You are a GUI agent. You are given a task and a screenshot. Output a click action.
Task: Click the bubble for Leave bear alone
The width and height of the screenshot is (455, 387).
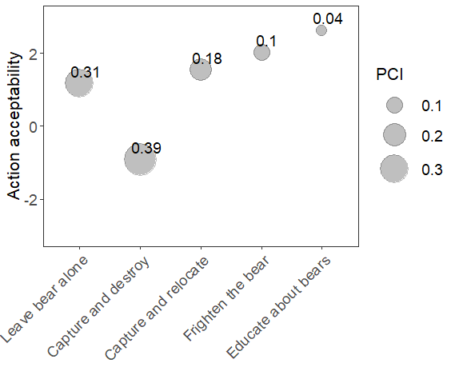[x=79, y=83]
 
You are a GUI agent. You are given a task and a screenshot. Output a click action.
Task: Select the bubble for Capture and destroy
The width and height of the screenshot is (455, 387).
[x=140, y=159]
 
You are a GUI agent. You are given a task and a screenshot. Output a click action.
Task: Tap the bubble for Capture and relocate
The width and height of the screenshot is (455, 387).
[x=201, y=70]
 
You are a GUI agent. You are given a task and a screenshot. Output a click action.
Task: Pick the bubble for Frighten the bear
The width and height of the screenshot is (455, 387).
[x=261, y=53]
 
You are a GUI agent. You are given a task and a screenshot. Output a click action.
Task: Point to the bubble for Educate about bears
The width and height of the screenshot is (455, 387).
[x=321, y=30]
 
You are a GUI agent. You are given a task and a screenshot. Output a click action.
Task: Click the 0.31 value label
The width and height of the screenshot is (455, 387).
[x=86, y=72]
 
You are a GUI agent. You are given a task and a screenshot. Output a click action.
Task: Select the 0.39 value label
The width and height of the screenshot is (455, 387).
[x=146, y=148]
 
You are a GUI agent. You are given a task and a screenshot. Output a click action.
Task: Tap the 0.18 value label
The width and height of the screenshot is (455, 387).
[x=207, y=58]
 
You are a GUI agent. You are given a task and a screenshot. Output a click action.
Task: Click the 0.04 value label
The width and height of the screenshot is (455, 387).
[x=328, y=19]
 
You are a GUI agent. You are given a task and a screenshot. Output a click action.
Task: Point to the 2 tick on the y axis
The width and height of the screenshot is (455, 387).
[x=33, y=54]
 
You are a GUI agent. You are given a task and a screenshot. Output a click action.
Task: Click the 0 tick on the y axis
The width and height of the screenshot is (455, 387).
[x=33, y=127]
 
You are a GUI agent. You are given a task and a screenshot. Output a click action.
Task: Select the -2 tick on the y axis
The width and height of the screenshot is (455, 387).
[x=30, y=200]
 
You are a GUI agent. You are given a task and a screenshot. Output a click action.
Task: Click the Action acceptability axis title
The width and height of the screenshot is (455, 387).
[x=14, y=126]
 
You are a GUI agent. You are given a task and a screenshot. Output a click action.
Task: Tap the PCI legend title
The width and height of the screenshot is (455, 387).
[x=389, y=74]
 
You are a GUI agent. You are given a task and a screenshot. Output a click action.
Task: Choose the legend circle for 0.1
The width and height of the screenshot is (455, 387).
[x=394, y=105]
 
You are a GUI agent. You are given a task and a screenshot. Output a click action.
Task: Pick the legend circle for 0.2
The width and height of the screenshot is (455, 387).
[x=394, y=134]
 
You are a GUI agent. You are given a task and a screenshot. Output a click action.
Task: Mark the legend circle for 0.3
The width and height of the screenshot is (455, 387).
[x=394, y=169]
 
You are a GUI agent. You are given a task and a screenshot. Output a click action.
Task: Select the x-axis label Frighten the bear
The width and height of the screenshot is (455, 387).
[x=226, y=298]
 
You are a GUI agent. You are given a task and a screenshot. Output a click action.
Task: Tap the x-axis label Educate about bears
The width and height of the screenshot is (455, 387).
[x=278, y=308]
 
